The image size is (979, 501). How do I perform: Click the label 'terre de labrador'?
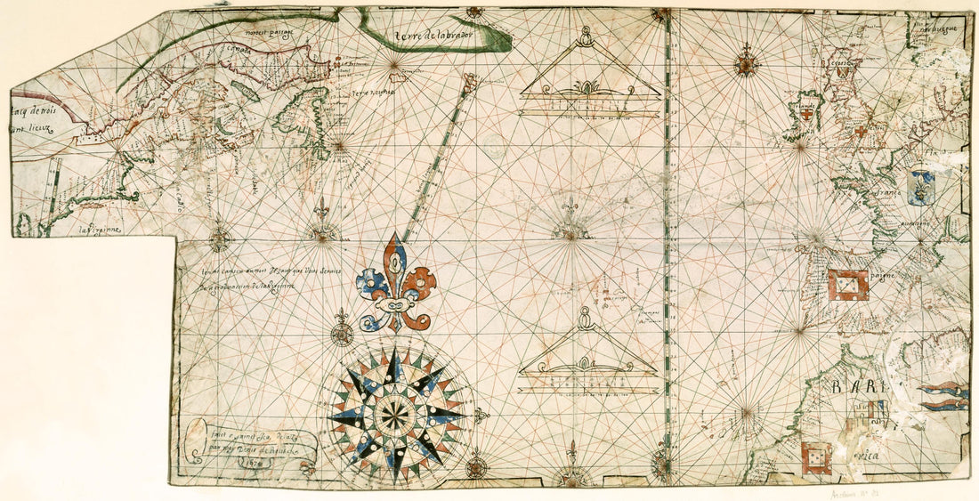point(437,34)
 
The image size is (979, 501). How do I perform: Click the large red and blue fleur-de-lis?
point(395,283)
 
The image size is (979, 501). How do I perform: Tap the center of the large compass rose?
point(396,414)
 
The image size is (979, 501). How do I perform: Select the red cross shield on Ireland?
point(806,114)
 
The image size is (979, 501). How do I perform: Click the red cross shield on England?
point(862,131)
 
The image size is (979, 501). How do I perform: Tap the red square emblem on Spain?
point(847,285)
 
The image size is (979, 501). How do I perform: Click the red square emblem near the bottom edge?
point(816,458)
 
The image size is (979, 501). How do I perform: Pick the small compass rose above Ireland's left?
point(746,63)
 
